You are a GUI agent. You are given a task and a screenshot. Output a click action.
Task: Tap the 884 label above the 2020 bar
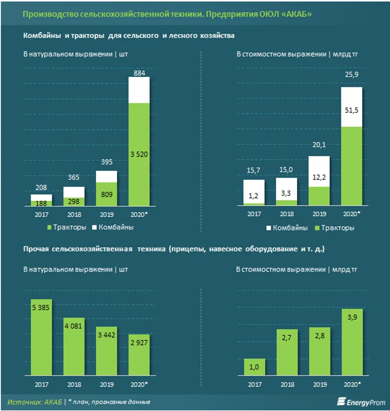click(x=139, y=73)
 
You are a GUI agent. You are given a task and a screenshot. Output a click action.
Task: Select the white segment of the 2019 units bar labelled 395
click(x=106, y=177)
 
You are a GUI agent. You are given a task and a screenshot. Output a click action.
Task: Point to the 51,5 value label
click(x=349, y=109)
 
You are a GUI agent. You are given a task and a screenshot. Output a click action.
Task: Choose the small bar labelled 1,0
click(x=254, y=367)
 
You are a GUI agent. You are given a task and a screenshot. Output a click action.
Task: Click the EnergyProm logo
click(x=360, y=402)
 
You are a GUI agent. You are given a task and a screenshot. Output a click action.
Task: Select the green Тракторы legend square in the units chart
click(x=50, y=228)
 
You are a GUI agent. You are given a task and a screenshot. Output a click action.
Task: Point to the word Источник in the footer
click(x=23, y=402)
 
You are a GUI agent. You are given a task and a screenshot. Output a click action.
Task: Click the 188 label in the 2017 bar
click(x=41, y=203)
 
